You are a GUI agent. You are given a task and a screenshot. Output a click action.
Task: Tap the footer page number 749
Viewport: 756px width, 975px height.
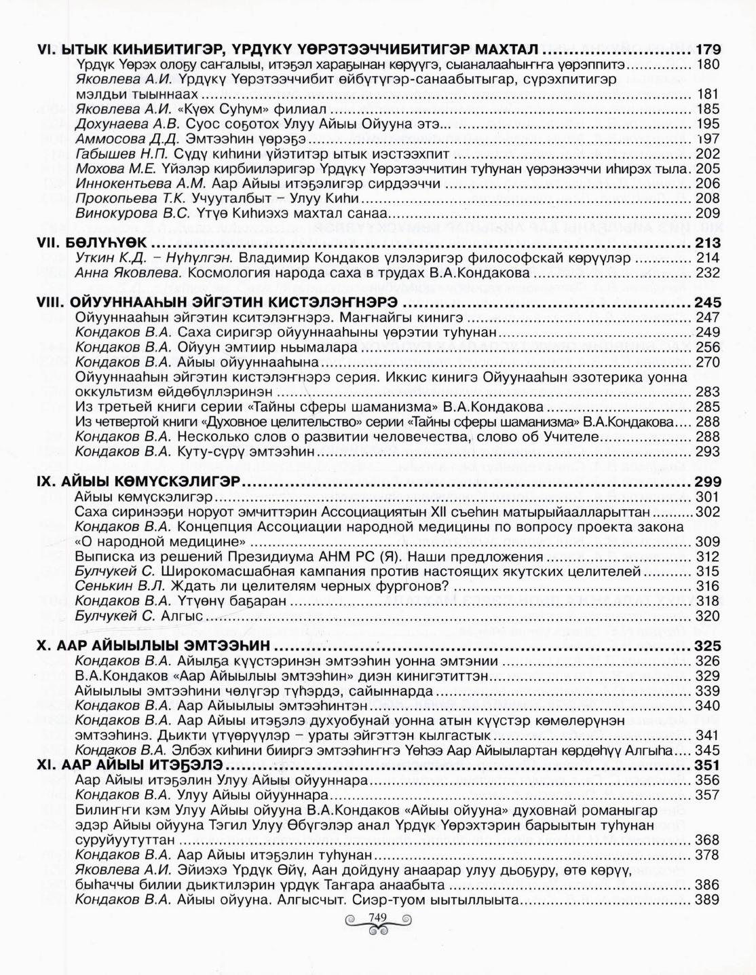click(377, 918)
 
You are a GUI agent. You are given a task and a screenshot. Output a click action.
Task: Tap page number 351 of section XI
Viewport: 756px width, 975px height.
click(704, 765)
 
